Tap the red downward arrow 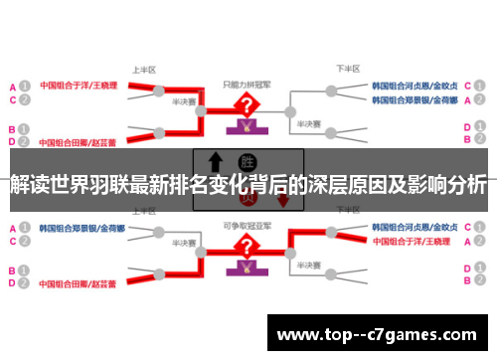(282, 199)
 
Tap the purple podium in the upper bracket (245, 127)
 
